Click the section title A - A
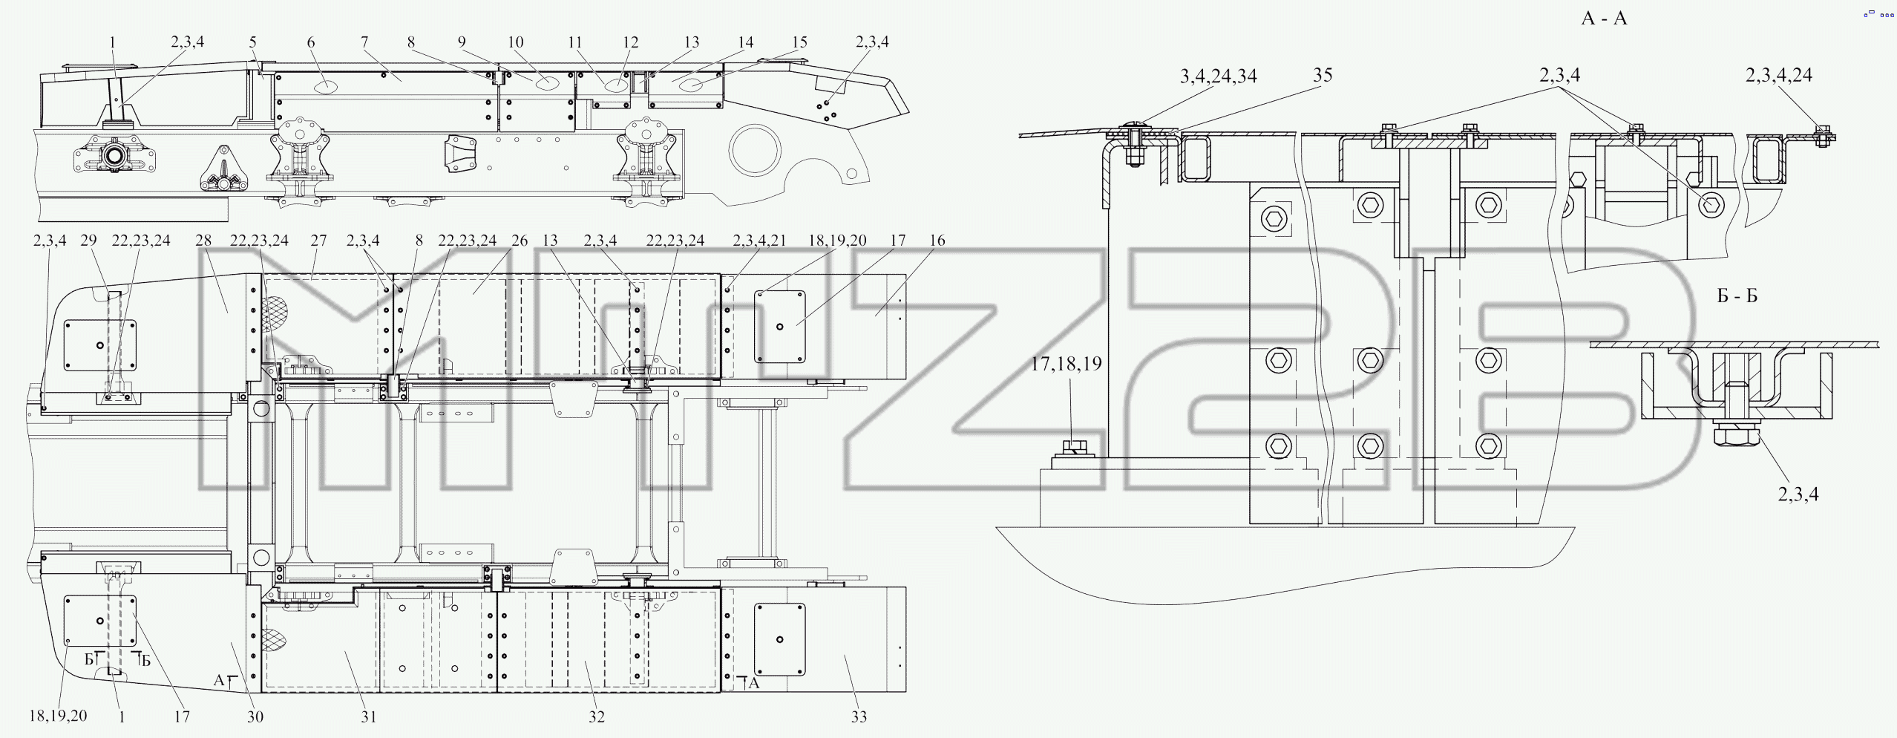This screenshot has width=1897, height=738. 1604,19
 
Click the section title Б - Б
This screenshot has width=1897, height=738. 1737,296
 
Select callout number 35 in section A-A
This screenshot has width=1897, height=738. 1322,75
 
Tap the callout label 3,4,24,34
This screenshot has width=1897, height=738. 1218,76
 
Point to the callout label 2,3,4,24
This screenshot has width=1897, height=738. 1778,75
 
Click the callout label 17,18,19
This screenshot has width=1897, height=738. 1066,364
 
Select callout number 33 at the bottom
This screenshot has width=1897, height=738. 859,716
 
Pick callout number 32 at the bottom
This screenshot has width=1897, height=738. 597,716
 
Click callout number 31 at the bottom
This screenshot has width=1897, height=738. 369,716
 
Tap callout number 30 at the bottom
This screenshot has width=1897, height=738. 255,716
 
